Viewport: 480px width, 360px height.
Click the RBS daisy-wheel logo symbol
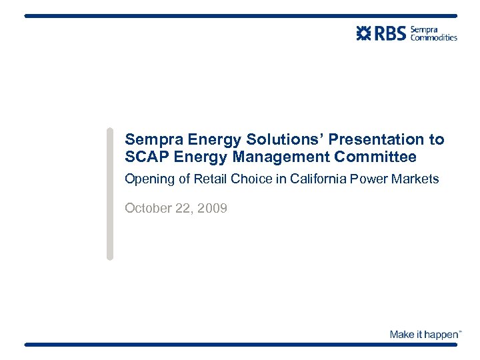point(365,33)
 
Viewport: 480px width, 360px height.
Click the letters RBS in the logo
point(391,33)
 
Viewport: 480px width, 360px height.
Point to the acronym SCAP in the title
point(145,157)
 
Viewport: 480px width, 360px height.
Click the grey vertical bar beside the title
point(110,193)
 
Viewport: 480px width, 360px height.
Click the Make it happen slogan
point(425,334)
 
